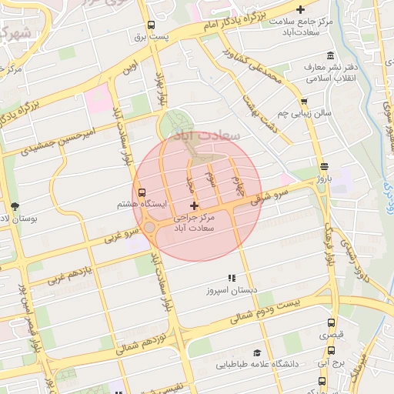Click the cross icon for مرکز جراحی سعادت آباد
tap(193, 205)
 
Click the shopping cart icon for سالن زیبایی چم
tap(305, 101)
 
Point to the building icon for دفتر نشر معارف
tap(330, 56)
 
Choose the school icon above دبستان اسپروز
tap(230, 278)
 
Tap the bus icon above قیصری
tap(331, 323)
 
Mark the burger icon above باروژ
tap(324, 166)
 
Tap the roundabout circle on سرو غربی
tap(149, 228)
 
